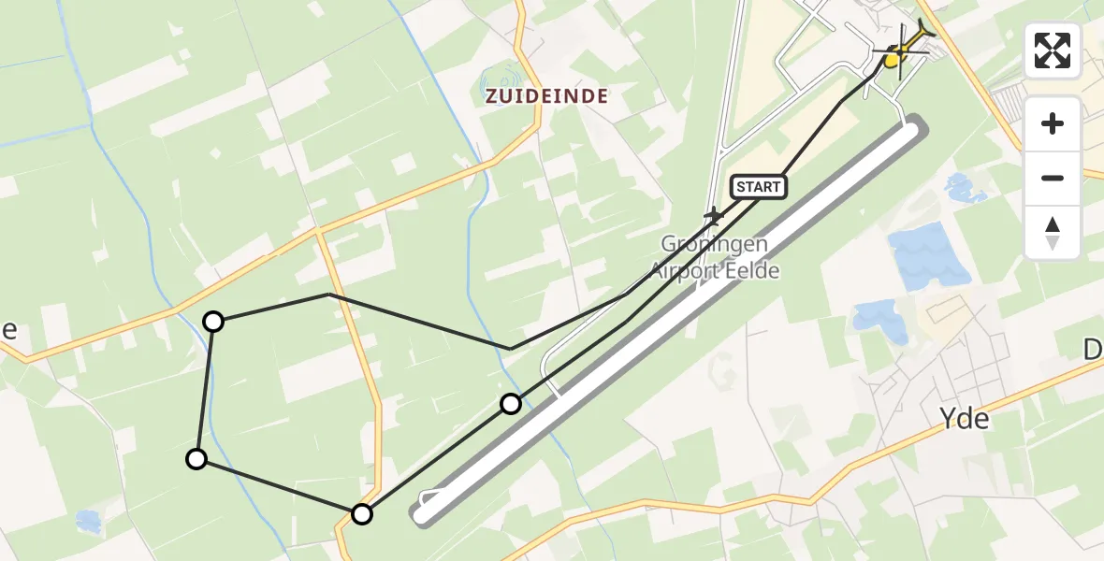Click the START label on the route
[x=758, y=187]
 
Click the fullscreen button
[x=1053, y=50]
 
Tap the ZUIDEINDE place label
[x=546, y=95]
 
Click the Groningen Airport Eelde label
[x=715, y=257]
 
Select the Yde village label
[x=964, y=419]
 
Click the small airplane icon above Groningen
[x=714, y=217]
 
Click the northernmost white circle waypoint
[x=214, y=322]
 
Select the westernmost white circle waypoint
[x=196, y=458]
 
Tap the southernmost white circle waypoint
[x=362, y=513]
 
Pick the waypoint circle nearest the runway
[x=511, y=404]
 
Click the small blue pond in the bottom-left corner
[x=89, y=521]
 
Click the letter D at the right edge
[x=1094, y=351]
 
